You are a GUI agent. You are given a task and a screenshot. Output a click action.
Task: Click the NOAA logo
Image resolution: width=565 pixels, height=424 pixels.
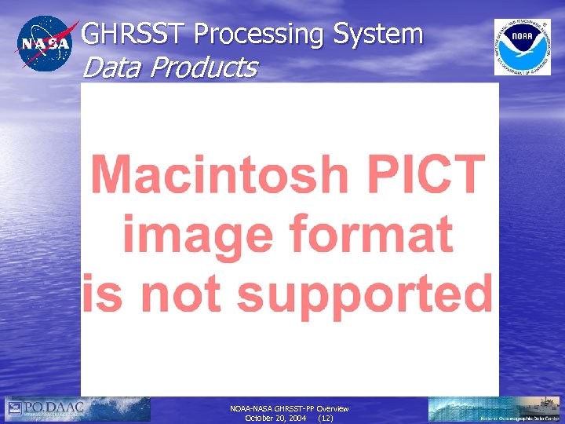(x=522, y=46)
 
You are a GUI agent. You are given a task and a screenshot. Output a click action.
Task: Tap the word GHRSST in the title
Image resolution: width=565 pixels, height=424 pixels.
(x=134, y=34)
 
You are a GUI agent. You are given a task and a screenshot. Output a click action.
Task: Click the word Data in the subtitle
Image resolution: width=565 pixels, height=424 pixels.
(x=111, y=68)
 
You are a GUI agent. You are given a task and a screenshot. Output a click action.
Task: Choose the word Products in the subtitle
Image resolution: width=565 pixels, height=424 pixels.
(x=202, y=68)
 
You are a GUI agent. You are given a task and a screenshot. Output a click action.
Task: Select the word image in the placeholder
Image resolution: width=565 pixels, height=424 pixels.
(x=177, y=236)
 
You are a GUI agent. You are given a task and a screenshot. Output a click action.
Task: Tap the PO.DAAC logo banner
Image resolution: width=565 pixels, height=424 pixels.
(x=77, y=409)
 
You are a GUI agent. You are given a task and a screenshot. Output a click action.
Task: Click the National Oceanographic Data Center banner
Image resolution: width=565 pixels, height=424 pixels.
(x=494, y=409)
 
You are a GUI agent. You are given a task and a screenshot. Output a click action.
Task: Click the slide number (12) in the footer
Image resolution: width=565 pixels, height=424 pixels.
(x=325, y=419)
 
